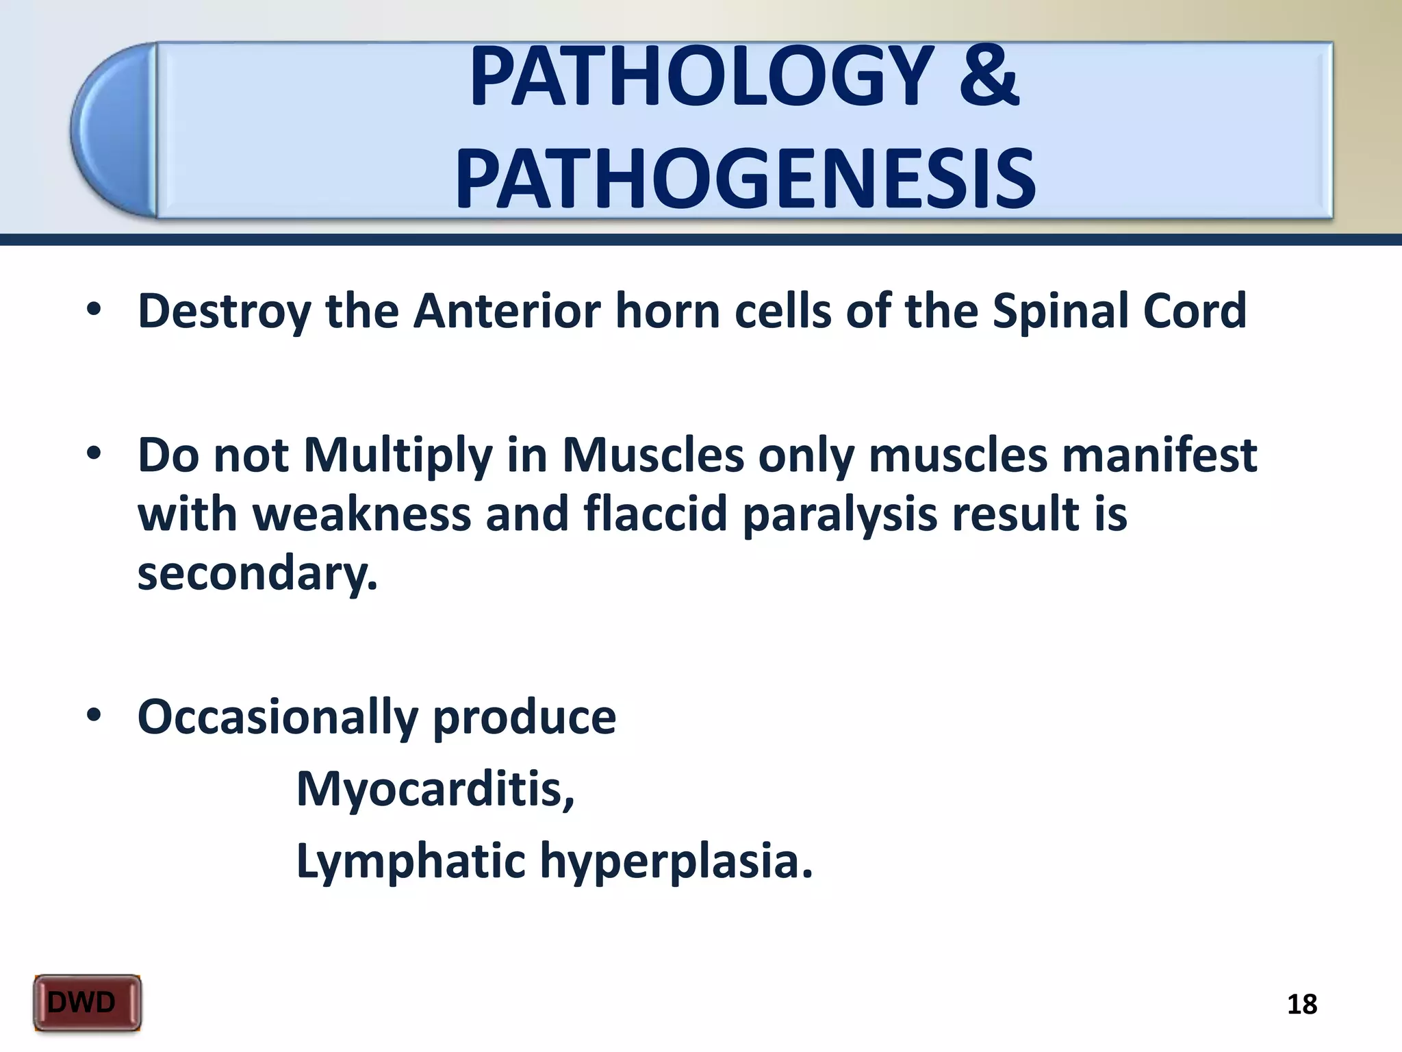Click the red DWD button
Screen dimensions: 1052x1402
(87, 1003)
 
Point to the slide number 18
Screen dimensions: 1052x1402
(1301, 1005)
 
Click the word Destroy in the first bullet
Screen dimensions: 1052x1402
(223, 312)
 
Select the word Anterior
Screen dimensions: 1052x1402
(507, 311)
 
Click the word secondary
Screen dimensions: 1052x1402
(257, 574)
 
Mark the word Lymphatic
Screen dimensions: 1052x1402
(410, 862)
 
